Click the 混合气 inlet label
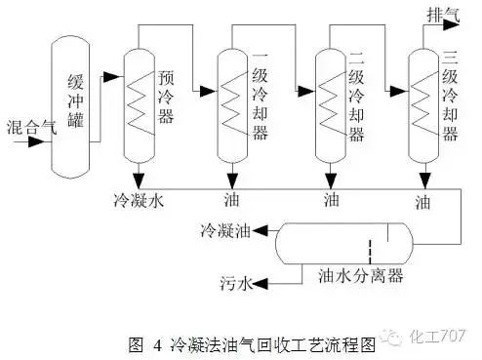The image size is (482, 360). (23, 127)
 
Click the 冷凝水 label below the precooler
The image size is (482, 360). (137, 202)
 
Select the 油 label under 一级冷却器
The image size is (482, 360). (232, 201)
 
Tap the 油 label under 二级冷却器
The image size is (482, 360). (329, 201)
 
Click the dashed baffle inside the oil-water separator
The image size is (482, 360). (370, 248)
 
